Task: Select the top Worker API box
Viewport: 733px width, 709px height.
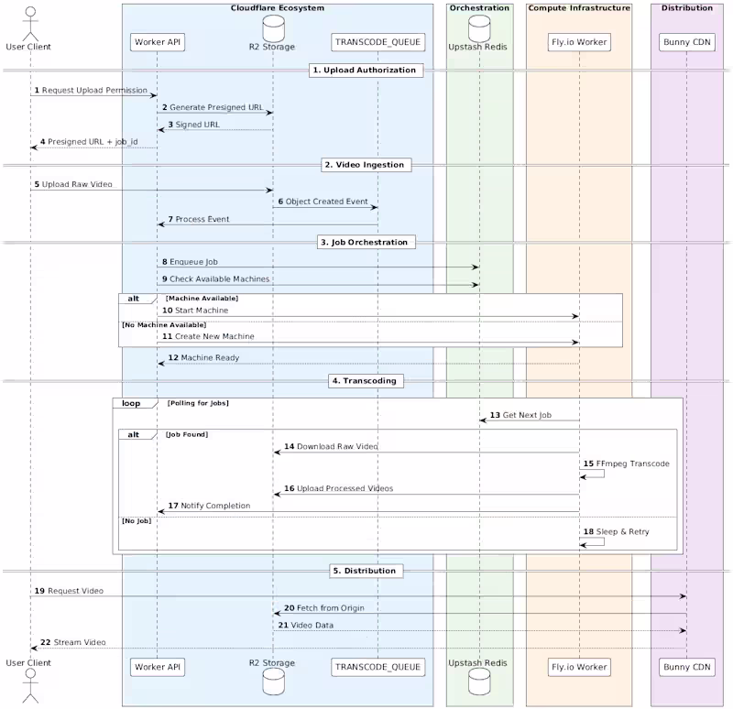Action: [x=156, y=42]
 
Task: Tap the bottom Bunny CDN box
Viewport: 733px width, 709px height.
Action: [x=686, y=667]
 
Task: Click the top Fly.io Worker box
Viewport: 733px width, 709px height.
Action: [x=579, y=42]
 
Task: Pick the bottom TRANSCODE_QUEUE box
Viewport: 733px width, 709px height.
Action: [x=377, y=667]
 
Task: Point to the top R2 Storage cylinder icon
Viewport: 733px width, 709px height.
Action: [x=272, y=24]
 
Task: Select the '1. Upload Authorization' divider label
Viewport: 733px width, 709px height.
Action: [x=364, y=70]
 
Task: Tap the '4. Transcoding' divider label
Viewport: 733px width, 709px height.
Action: [x=364, y=380]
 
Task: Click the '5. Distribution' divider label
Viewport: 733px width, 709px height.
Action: [x=364, y=571]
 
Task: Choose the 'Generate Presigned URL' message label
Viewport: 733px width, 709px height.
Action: [x=215, y=107]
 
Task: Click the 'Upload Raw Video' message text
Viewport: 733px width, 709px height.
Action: [x=77, y=184]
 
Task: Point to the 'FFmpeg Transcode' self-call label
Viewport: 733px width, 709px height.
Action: [x=632, y=464]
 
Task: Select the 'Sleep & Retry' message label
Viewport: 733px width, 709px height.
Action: [x=622, y=531]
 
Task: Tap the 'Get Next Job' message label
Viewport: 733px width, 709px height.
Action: [x=527, y=415]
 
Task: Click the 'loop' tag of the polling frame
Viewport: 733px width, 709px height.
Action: [x=131, y=403]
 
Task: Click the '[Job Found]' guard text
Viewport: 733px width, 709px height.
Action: [x=186, y=434]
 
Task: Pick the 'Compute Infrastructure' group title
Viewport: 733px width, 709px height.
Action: [x=579, y=8]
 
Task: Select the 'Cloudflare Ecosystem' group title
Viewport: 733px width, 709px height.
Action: [x=277, y=8]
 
